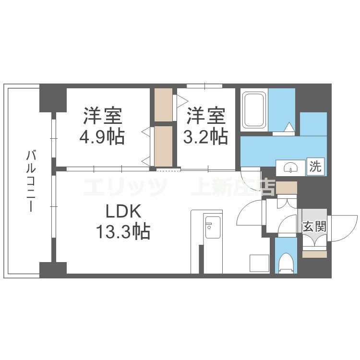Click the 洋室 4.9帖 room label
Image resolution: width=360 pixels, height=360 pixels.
click(103, 126)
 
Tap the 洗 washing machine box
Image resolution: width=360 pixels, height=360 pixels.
click(315, 168)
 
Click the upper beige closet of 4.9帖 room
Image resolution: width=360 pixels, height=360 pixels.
click(163, 105)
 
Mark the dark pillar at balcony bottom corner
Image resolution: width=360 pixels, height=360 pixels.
click(53, 269)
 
